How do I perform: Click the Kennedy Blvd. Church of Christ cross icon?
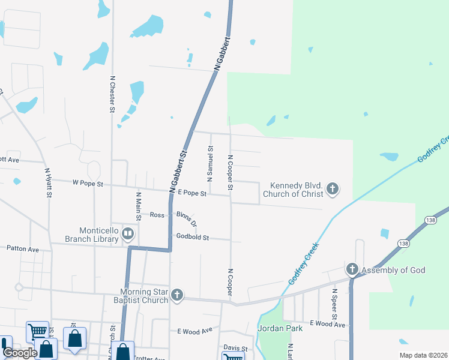[333, 190]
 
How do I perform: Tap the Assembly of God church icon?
[352, 268]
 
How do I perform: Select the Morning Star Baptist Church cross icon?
[176, 295]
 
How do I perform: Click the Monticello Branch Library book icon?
[127, 233]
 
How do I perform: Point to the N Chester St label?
[112, 94]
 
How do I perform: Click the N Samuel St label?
[210, 163]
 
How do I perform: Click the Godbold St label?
[192, 238]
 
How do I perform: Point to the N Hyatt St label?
[47, 183]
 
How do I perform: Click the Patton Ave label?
[22, 248]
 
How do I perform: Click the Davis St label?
[235, 348]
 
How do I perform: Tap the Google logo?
[19, 353]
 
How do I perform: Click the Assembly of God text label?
[394, 271]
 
